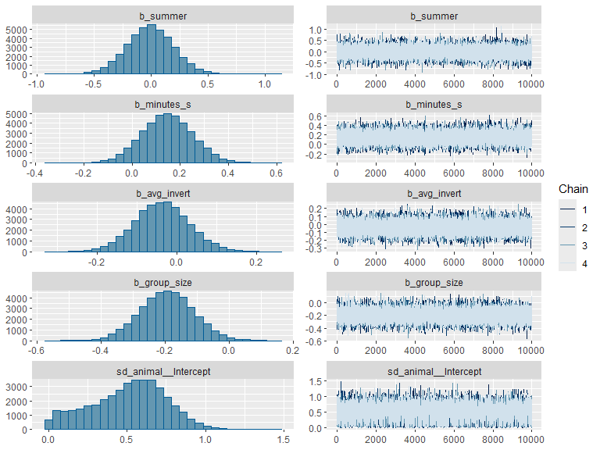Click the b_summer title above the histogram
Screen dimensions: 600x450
[162, 16]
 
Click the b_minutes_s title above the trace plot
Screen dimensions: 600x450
[434, 105]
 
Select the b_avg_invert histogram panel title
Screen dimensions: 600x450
[162, 194]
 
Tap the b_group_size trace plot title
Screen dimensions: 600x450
[434, 283]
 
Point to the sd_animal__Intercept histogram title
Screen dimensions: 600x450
[163, 372]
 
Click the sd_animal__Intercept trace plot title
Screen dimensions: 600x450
[434, 372]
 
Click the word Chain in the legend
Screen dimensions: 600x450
[573, 189]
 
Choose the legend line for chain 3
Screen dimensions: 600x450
[567, 245]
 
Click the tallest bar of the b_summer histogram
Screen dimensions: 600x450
[152, 49]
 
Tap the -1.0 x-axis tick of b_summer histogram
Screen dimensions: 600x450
[37, 84]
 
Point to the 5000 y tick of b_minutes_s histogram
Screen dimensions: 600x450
[16, 114]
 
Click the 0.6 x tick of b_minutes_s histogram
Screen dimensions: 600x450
[276, 173]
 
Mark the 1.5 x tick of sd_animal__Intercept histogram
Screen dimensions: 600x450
[283, 439]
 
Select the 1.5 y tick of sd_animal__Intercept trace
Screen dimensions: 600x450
[316, 381]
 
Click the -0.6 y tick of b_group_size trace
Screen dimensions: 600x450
[314, 341]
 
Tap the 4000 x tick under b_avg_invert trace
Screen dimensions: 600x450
[414, 262]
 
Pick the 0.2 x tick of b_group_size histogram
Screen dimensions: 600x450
[292, 350]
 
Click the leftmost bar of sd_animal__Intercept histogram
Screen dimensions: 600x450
[48, 424]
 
